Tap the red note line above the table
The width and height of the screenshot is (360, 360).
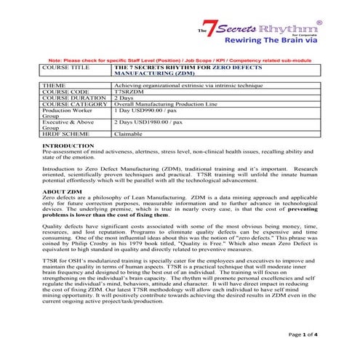point(182,59)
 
